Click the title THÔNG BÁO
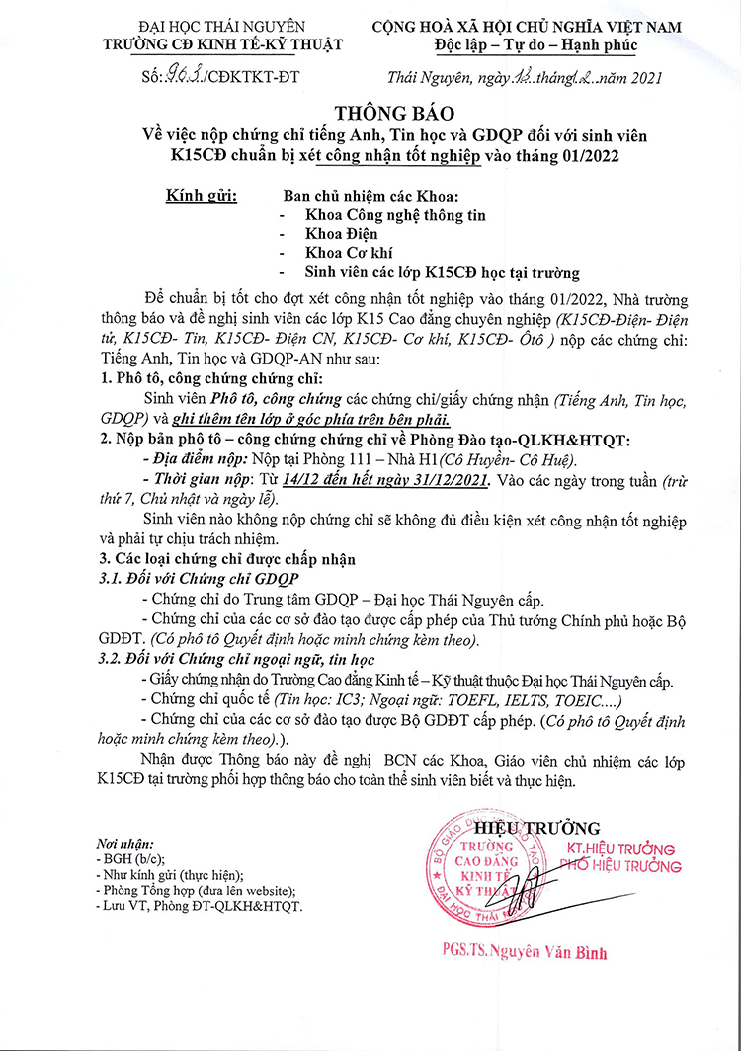(370, 111)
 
